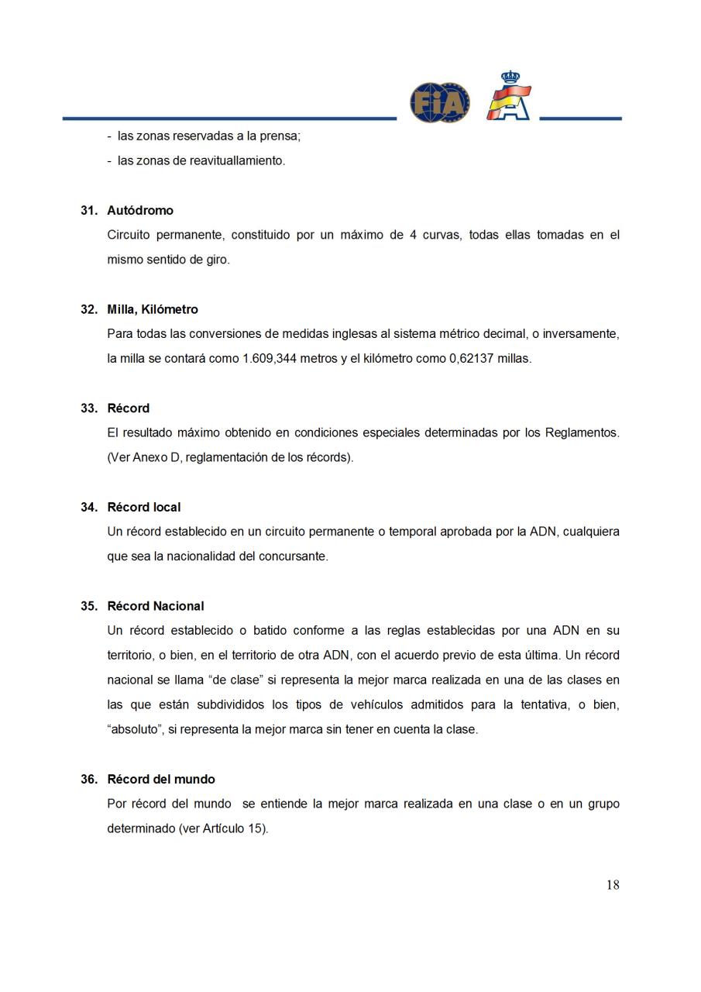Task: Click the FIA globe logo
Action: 439,102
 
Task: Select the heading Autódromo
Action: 140,211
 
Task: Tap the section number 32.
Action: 88,309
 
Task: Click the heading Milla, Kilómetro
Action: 153,309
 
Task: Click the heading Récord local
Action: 144,507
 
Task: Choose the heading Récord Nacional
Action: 156,606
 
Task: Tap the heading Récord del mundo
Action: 161,779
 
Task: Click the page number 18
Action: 613,885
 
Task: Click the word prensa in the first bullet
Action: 281,136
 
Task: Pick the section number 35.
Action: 88,606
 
